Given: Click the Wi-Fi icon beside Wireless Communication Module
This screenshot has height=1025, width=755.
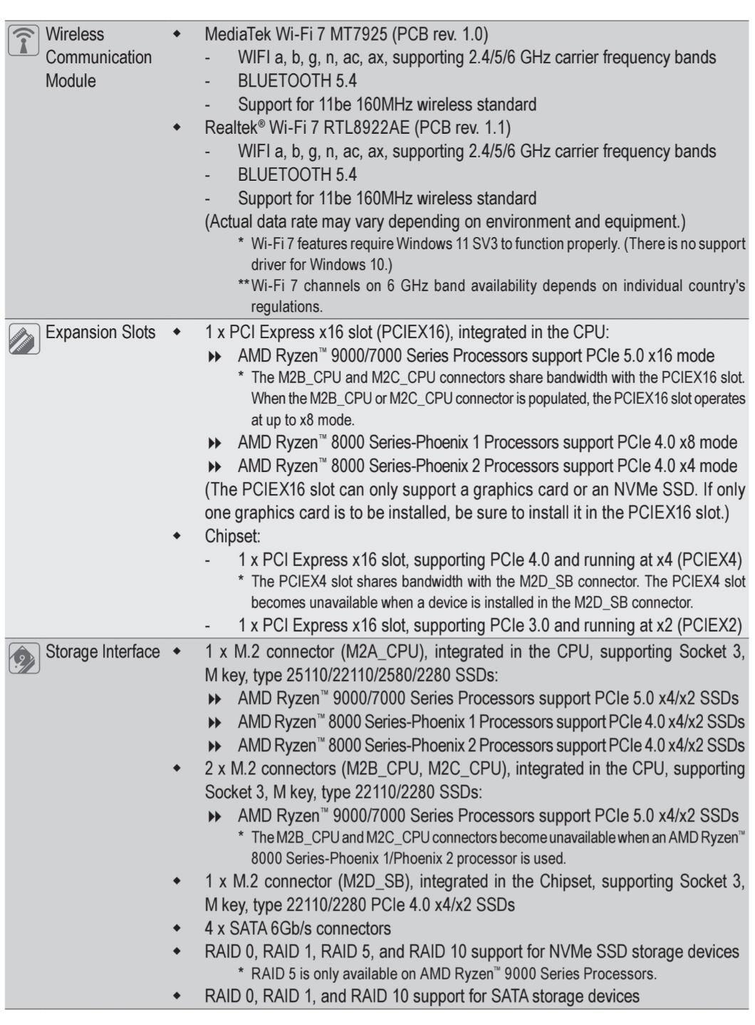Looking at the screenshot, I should pyautogui.click(x=23, y=41).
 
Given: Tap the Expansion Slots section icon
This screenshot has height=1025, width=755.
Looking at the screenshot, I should pyautogui.click(x=23, y=339).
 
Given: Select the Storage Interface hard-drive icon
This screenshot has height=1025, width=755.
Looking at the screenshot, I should pyautogui.click(x=23, y=658).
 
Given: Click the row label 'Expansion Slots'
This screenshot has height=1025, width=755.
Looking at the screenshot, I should pyautogui.click(x=100, y=332).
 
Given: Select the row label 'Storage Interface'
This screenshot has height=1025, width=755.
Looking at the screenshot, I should pyautogui.click(x=103, y=651).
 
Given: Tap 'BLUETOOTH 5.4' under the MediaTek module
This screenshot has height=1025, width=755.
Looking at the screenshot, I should pyautogui.click(x=297, y=81).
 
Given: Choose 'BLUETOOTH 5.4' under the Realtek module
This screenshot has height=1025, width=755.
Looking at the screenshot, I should pyautogui.click(x=297, y=175).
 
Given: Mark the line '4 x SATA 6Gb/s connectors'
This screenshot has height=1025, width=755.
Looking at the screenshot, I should pyautogui.click(x=297, y=928).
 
